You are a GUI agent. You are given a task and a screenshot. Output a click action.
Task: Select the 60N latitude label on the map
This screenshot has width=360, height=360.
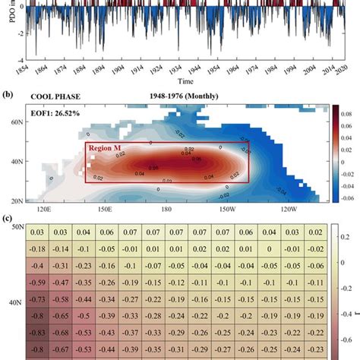coord(14,121)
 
